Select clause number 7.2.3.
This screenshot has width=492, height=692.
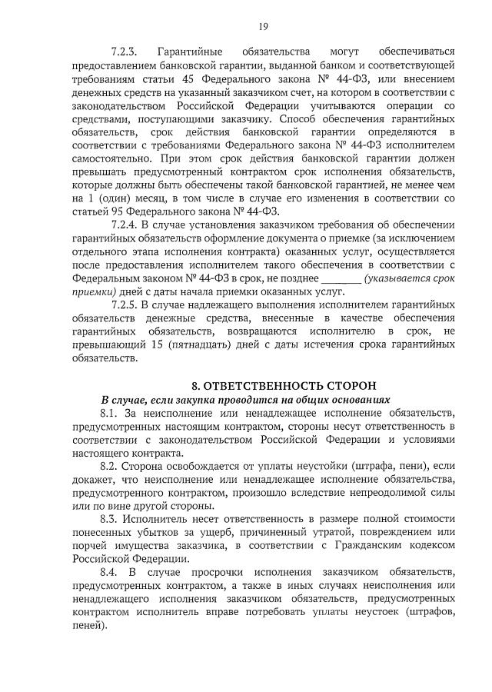(x=124, y=52)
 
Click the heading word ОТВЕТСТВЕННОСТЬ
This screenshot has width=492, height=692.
(x=268, y=385)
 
